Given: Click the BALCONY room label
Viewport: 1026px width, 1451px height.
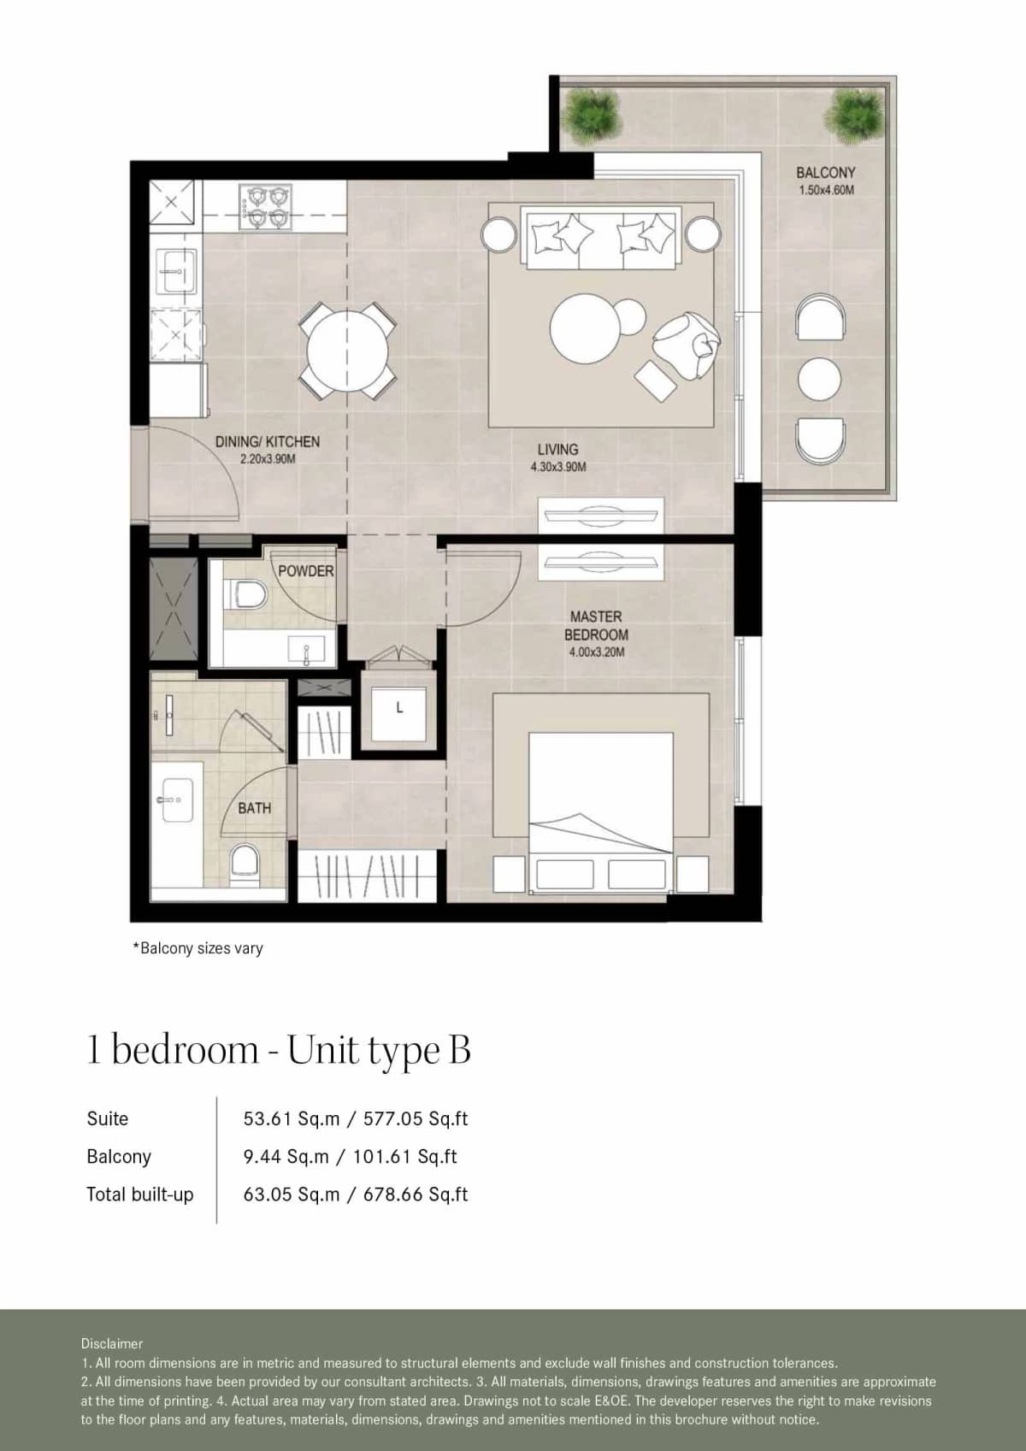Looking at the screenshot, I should pyautogui.click(x=825, y=173).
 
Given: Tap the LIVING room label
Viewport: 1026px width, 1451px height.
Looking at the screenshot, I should pyautogui.click(x=557, y=449).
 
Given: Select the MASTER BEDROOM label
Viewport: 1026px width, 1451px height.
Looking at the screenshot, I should pyautogui.click(x=596, y=625).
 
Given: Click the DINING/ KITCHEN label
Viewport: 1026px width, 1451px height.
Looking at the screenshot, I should pyautogui.click(x=267, y=441).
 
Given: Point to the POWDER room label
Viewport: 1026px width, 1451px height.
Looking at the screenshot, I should pyautogui.click(x=305, y=570).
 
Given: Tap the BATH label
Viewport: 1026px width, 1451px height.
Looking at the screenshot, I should pyautogui.click(x=254, y=807).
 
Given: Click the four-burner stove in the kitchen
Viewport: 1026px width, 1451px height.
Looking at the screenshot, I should pyautogui.click(x=262, y=208).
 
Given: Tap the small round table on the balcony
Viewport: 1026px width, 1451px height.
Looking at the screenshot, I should pyautogui.click(x=819, y=377).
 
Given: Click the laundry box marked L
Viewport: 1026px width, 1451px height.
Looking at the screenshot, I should pyautogui.click(x=399, y=708).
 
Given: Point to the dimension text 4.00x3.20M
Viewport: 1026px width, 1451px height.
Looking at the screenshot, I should pyautogui.click(x=596, y=652).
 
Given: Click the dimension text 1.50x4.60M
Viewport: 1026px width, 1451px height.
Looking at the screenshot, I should pyautogui.click(x=826, y=190).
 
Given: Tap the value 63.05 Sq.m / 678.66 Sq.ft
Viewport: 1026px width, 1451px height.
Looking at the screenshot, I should pyautogui.click(x=355, y=1194).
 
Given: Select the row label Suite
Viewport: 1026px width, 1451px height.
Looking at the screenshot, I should pyautogui.click(x=108, y=1118).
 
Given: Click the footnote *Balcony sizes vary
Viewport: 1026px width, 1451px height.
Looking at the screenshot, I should pyautogui.click(x=198, y=947).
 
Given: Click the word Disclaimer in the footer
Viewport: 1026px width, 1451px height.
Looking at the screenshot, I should pyautogui.click(x=112, y=1343).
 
